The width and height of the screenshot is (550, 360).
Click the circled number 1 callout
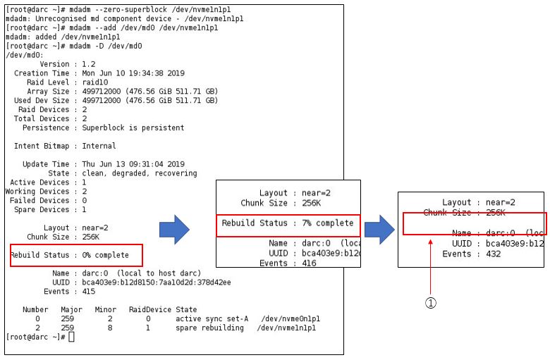point(430,302)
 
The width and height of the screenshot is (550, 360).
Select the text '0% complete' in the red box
point(106,254)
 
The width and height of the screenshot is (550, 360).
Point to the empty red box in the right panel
point(474,223)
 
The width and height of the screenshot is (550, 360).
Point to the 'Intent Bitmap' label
point(42,146)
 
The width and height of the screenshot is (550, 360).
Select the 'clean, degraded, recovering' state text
point(135,173)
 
